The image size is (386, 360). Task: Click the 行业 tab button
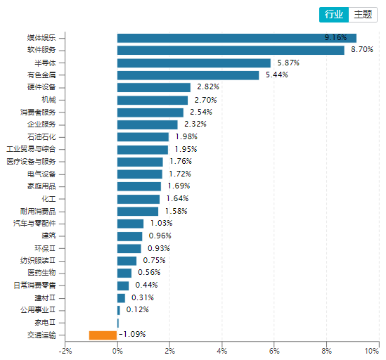coord(334,14)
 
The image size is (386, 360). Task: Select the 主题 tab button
coord(361,14)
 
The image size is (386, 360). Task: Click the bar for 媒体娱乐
coord(236,38)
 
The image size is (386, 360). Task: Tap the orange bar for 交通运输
coord(103,335)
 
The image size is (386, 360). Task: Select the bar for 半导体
coord(193,63)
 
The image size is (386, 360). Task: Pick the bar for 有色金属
coord(188,75)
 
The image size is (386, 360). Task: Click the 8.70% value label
coord(361,50)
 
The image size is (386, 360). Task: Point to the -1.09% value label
coord(132,335)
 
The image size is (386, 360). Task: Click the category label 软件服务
coord(46,50)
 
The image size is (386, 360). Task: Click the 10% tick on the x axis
coord(378,350)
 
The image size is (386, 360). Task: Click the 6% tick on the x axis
coord(274,350)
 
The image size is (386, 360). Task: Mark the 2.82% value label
coord(207,87)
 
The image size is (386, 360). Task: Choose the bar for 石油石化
coord(143,136)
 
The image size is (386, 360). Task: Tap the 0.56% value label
coord(149,273)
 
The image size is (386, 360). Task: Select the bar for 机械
coord(153,100)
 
